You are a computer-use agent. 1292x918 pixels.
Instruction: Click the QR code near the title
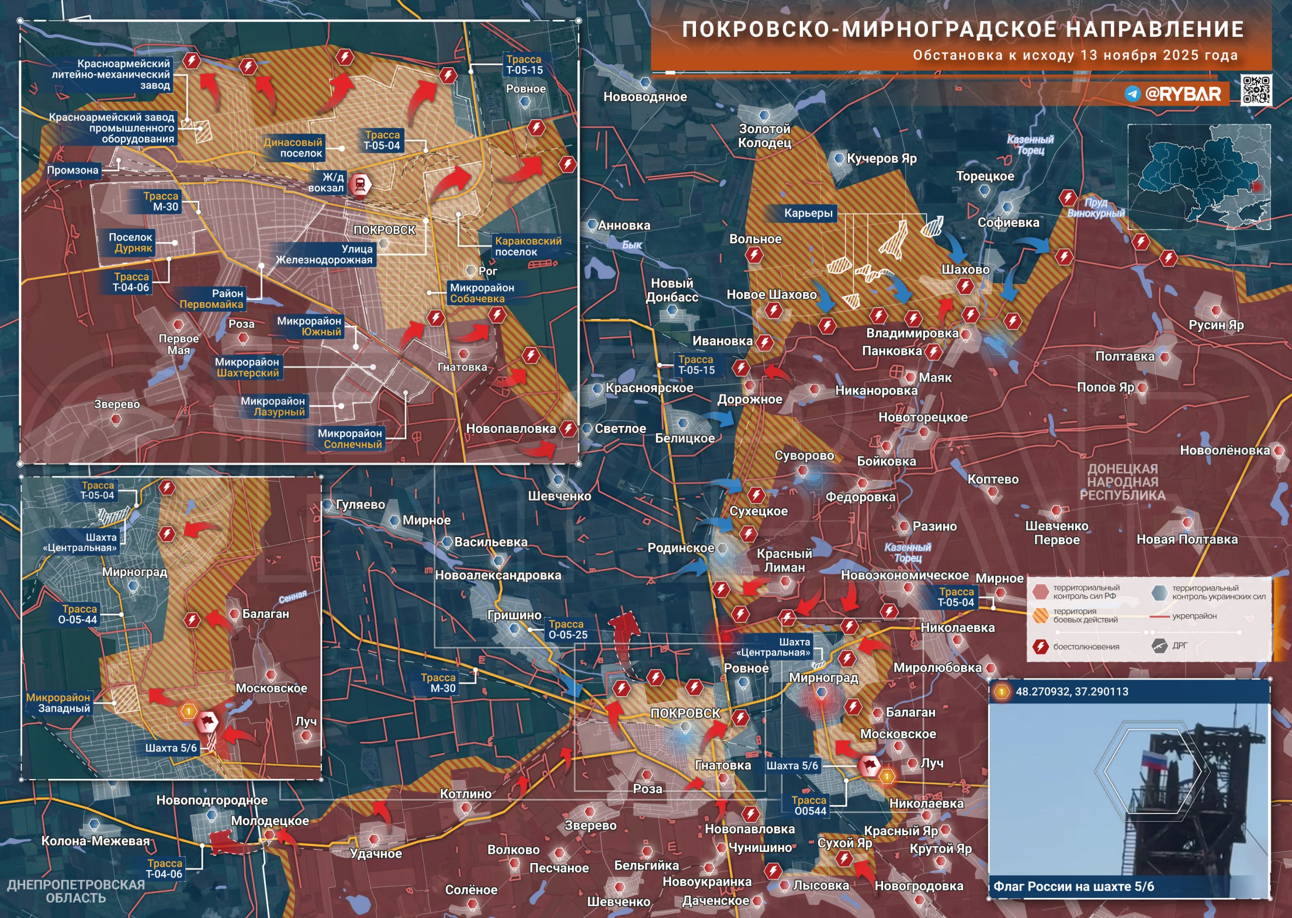coord(1256,90)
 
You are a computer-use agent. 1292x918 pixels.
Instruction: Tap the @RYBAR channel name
coord(1182,94)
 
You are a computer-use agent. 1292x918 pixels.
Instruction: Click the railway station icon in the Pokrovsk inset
coord(359,184)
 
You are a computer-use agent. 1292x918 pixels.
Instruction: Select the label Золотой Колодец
coord(764,136)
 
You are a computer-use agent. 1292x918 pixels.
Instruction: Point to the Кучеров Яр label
coord(881,159)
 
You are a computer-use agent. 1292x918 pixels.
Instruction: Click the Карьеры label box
coord(807,213)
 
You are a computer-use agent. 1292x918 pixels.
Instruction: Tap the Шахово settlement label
coord(965,269)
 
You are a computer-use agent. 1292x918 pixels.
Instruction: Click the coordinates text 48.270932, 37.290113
coord(1071,691)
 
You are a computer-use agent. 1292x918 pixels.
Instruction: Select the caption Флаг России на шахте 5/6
coord(1073,886)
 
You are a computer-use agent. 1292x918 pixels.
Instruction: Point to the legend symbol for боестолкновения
coord(1041,646)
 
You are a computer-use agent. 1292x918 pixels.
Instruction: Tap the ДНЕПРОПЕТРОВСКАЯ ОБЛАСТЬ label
coord(76,891)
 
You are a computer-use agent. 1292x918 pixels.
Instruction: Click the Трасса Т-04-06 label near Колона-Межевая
coord(165,868)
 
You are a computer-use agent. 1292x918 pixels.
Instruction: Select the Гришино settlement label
coord(514,615)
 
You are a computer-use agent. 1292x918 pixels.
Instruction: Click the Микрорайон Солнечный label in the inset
coord(350,439)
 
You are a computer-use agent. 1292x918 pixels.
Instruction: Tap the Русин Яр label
coord(1216,325)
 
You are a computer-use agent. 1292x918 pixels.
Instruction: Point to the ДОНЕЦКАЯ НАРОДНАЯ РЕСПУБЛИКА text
coord(1122,481)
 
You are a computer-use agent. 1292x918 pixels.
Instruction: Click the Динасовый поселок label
coord(293,147)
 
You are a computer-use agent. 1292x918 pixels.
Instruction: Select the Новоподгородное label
coord(212,800)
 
